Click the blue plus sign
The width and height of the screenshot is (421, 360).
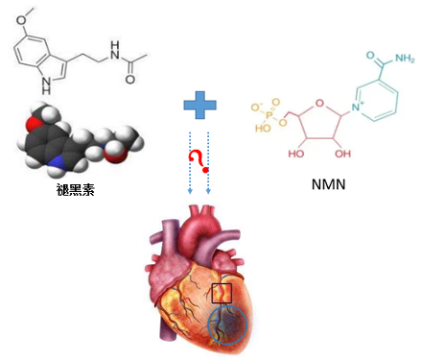tap(199, 108)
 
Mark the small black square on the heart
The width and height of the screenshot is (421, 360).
tap(222, 293)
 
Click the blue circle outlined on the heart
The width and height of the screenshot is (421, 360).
tap(227, 324)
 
